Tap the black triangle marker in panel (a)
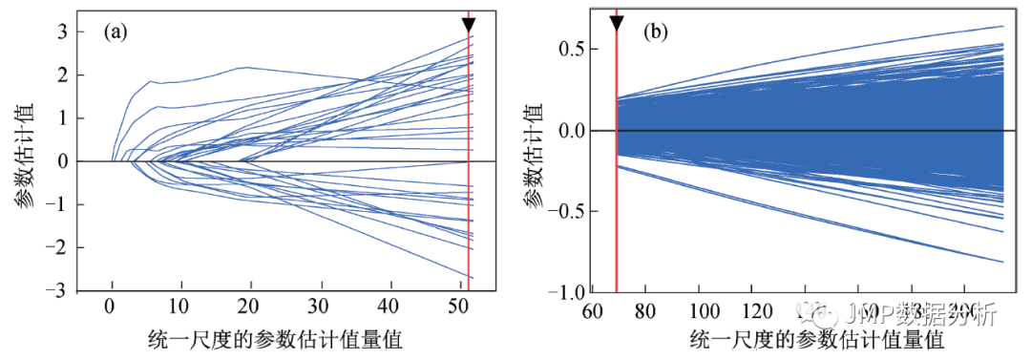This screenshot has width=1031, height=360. (x=468, y=25)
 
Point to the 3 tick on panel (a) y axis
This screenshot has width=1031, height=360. (x=61, y=32)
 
